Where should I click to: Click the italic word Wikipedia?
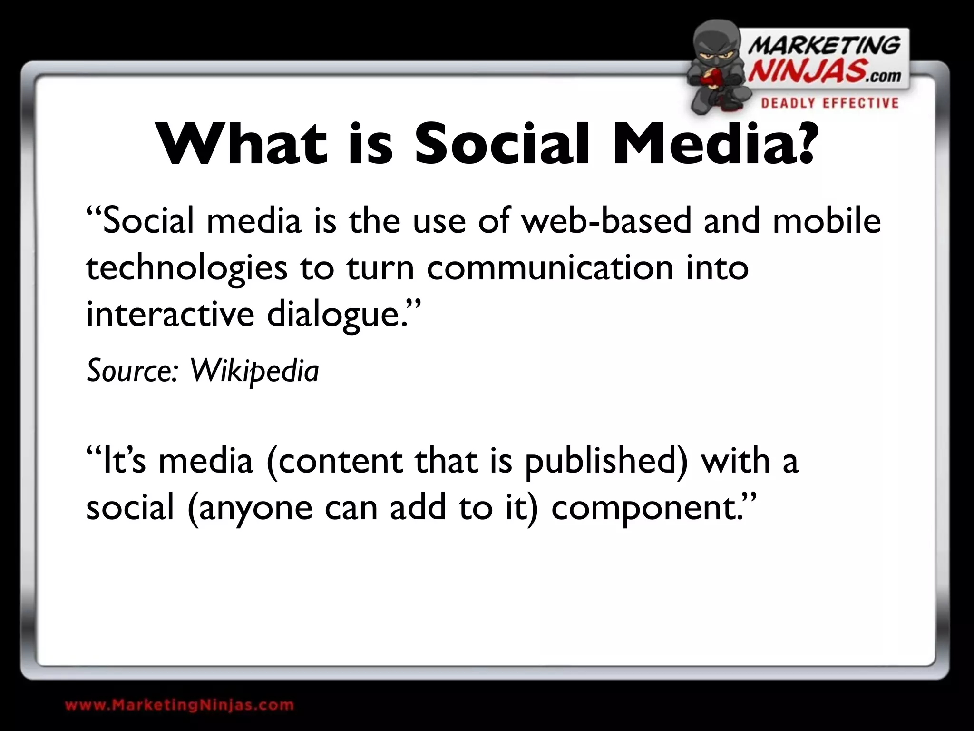click(254, 371)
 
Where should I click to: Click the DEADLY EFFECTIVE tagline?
click(829, 103)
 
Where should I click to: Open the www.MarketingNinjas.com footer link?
click(179, 705)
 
